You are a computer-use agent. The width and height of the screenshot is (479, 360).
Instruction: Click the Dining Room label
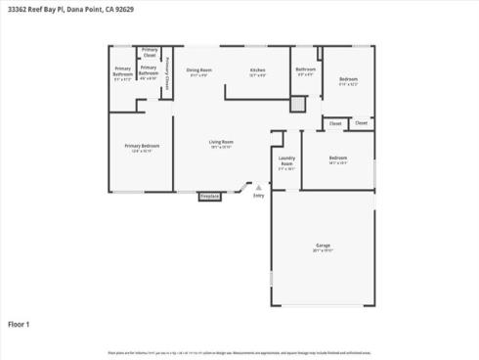199,69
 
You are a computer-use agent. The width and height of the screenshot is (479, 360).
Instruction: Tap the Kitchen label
257,69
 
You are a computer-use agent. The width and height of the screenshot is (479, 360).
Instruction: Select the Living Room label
221,142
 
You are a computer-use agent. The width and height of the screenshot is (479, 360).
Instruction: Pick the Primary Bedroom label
142,146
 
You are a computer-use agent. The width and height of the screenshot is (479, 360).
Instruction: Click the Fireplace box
210,196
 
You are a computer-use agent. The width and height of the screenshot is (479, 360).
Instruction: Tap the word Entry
259,196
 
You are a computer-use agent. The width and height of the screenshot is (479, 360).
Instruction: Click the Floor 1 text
20,324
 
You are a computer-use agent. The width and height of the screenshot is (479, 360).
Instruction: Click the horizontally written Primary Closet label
150,52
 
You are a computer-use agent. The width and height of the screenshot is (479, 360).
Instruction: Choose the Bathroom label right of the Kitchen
306,68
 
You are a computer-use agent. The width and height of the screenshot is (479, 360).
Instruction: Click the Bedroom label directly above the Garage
338,157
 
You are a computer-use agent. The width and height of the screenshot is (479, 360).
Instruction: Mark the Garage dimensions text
323,251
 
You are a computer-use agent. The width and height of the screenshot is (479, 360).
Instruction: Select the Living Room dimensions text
221,148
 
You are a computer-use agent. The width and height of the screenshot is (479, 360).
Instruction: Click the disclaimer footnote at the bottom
239,351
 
